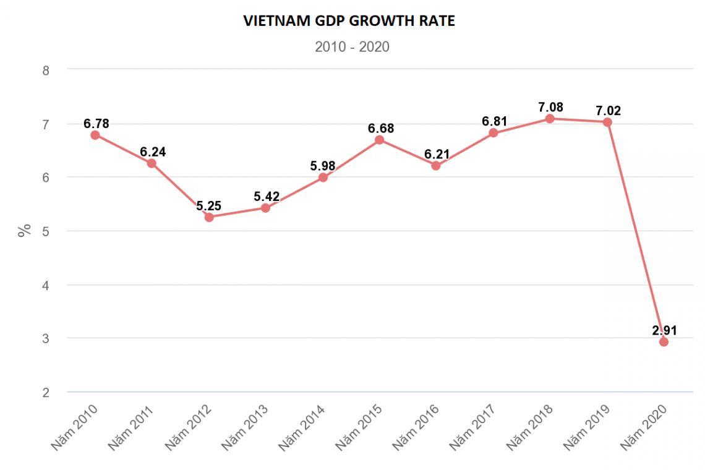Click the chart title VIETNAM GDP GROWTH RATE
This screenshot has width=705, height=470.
tap(349, 21)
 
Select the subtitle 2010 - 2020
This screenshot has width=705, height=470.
tap(352, 47)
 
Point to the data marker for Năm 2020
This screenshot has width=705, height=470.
tap(664, 342)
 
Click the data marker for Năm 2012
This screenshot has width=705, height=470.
tap(209, 217)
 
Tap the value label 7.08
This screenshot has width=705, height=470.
tap(550, 106)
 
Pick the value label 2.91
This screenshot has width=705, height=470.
tap(664, 330)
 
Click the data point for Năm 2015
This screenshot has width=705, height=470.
tap(380, 140)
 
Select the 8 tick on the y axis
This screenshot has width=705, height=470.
tap(45, 70)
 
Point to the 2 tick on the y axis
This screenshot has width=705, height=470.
tap(45, 392)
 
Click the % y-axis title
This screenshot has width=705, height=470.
tap(24, 231)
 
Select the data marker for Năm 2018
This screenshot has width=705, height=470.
tap(550, 118)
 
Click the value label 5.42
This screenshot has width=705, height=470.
tap(266, 197)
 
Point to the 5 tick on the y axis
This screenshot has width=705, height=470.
tap(45, 231)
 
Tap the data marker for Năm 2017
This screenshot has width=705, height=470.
tap(493, 133)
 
